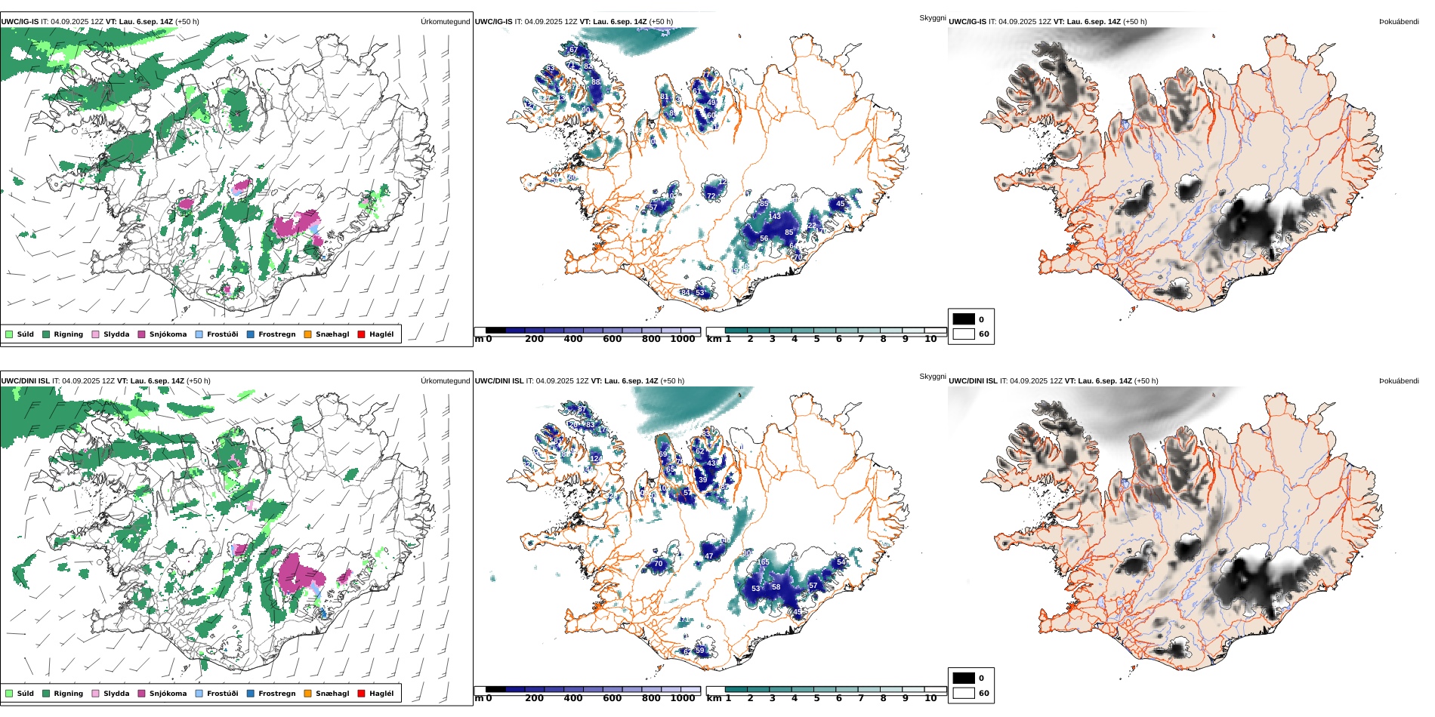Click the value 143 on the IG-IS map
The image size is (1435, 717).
click(x=775, y=217)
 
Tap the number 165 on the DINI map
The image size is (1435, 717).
click(x=764, y=562)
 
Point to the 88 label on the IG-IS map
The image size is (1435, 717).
click(x=596, y=82)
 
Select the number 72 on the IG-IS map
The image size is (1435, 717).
click(x=711, y=196)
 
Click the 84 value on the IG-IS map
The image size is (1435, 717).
click(x=686, y=293)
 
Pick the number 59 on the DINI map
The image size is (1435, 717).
click(x=700, y=651)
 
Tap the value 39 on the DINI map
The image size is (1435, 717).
click(x=703, y=480)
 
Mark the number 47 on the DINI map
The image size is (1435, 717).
click(x=709, y=556)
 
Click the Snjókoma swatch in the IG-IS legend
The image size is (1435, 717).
click(x=141, y=334)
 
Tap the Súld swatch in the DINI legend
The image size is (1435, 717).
click(x=9, y=694)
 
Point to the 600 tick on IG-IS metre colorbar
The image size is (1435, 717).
click(x=613, y=340)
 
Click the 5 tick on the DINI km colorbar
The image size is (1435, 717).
click(x=816, y=699)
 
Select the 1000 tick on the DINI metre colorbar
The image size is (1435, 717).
click(x=683, y=699)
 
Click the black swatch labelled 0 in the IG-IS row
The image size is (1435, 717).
click(x=964, y=319)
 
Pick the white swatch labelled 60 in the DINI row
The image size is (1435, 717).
click(x=964, y=693)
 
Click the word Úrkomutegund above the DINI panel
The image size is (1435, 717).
click(x=445, y=381)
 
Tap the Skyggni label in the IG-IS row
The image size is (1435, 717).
click(x=932, y=18)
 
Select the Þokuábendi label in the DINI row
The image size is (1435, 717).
click(x=1399, y=381)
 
